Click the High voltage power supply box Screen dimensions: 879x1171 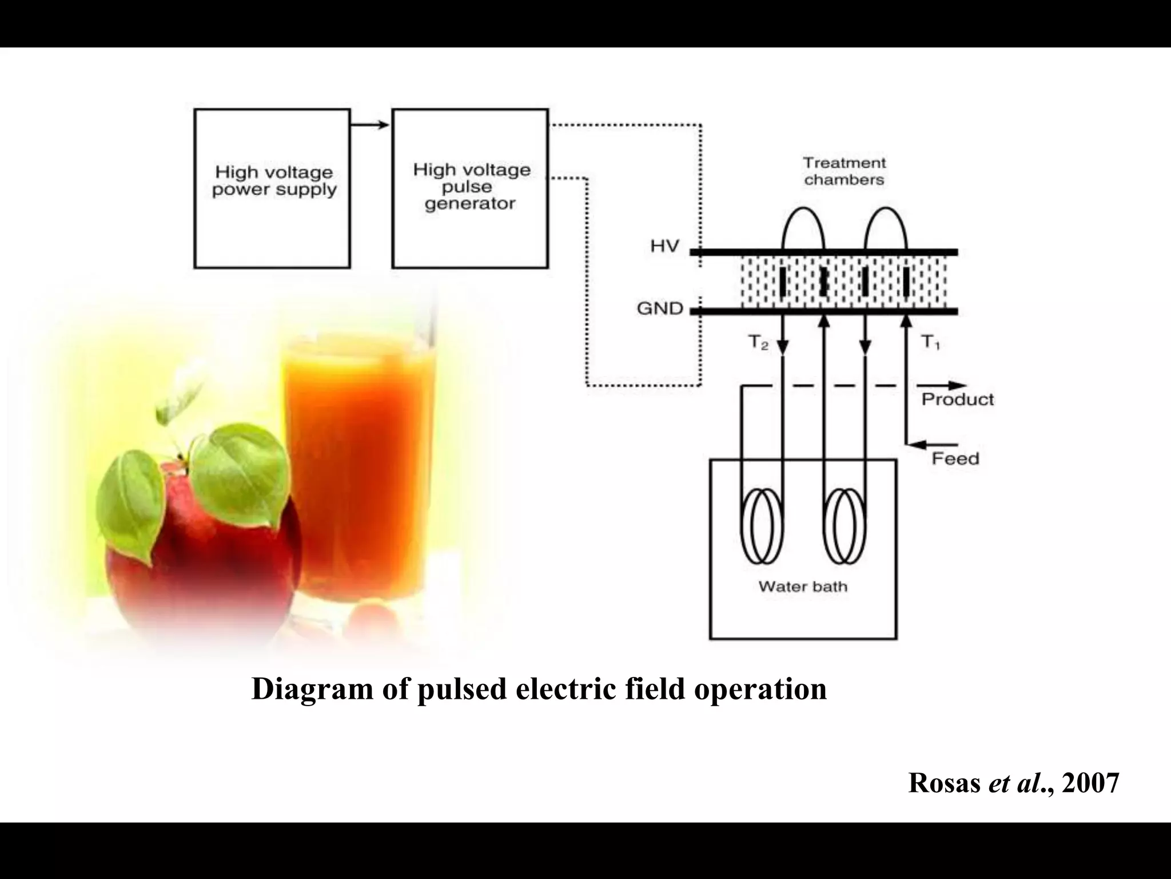coord(272,188)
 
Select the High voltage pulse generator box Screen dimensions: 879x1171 coord(470,188)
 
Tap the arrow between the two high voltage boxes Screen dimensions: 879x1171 coord(371,125)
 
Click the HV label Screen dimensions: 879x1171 coord(664,247)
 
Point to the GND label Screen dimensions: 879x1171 coord(660,309)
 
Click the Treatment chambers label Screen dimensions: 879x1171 coord(844,171)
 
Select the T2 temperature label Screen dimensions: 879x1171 coord(758,343)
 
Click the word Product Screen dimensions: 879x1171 coord(957,399)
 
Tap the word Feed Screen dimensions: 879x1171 coord(955,459)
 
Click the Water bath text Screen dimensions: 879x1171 coord(802,587)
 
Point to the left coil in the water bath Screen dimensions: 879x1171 coord(762,525)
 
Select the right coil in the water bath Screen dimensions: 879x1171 coord(845,525)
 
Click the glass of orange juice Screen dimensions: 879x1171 coord(357,469)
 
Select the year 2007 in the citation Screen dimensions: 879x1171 coord(1090,783)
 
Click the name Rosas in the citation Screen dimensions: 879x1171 coord(944,783)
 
